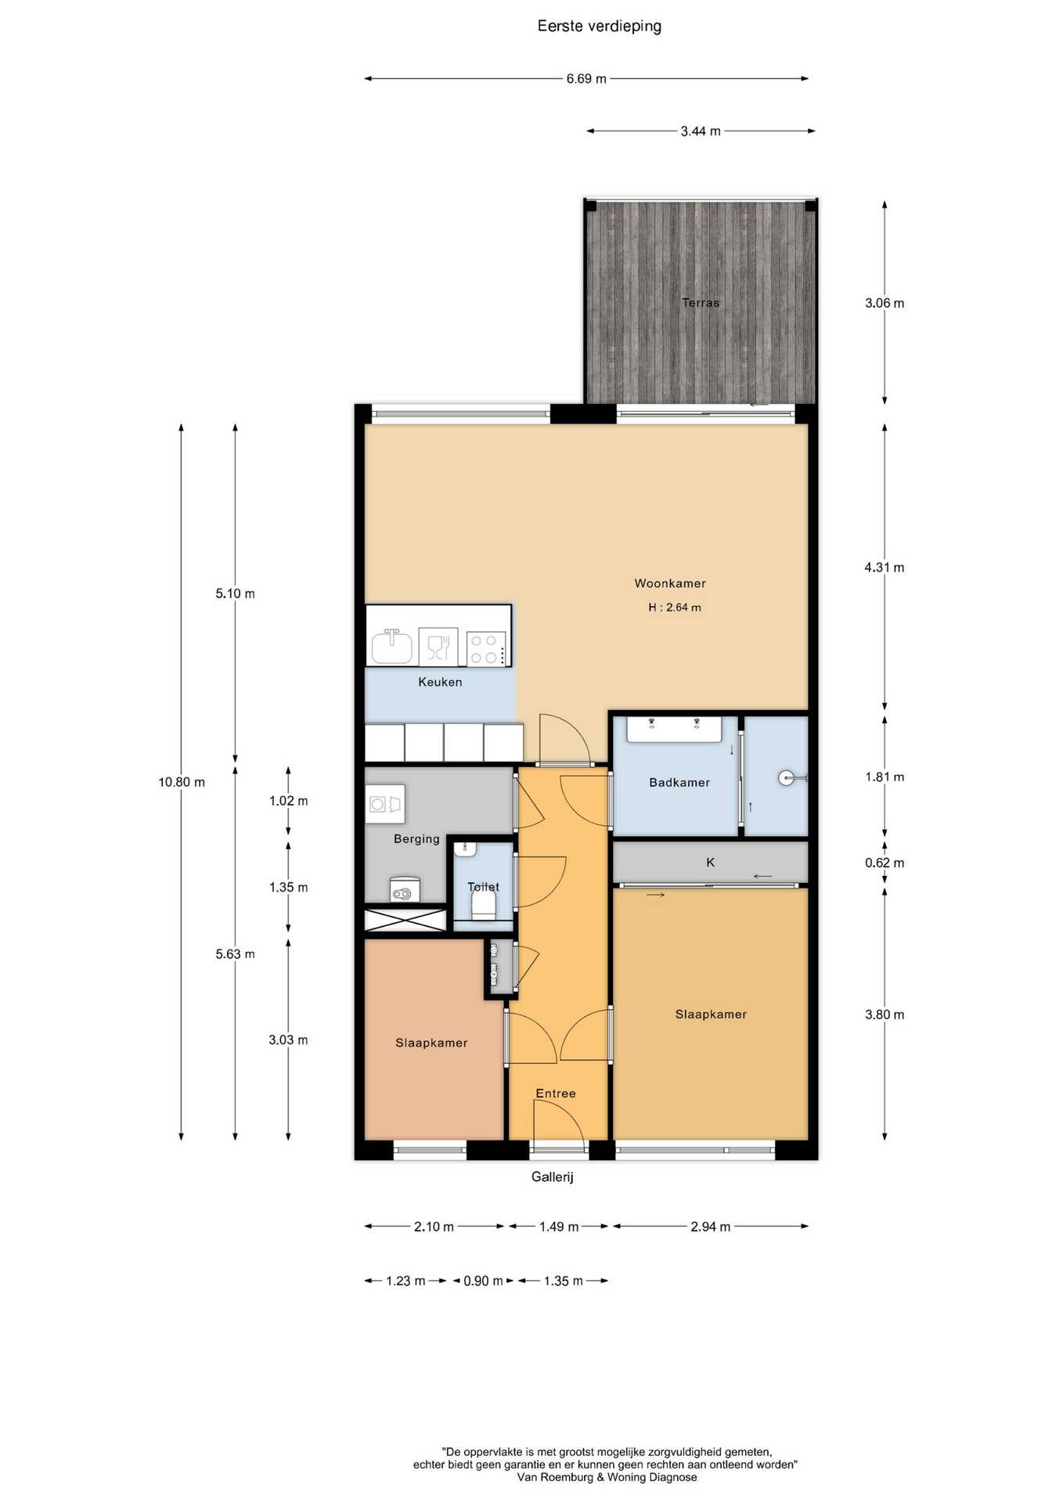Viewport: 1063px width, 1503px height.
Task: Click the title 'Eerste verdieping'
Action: click(x=599, y=27)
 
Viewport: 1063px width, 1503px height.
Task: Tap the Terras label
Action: click(x=700, y=302)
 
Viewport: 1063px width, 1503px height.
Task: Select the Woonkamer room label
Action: click(x=670, y=583)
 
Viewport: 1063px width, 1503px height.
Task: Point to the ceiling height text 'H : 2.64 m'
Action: click(x=674, y=607)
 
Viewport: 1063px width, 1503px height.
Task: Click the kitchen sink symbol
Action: click(x=391, y=646)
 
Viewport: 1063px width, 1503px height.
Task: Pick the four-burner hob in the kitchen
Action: click(x=486, y=648)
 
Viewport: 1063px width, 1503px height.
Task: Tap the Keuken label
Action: click(x=440, y=682)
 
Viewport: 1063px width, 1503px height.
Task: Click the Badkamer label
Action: click(x=679, y=782)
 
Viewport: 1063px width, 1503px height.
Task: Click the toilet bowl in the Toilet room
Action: click(x=484, y=905)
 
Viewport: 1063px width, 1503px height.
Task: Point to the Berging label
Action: click(x=416, y=839)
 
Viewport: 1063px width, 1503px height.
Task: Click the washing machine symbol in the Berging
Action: click(x=385, y=804)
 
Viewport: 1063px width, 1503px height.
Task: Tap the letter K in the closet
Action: click(x=711, y=863)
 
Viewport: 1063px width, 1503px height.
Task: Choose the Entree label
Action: click(x=556, y=1094)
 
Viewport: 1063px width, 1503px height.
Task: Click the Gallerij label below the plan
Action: click(x=553, y=1177)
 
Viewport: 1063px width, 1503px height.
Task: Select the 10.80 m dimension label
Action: click(x=182, y=782)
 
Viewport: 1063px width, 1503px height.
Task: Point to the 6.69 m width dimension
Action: click(x=586, y=79)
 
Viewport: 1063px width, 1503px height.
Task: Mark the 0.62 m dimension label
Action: click(x=885, y=863)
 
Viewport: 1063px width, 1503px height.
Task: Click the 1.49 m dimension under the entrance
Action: click(x=559, y=1227)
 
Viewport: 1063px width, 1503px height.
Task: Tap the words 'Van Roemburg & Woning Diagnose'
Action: click(x=607, y=1478)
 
